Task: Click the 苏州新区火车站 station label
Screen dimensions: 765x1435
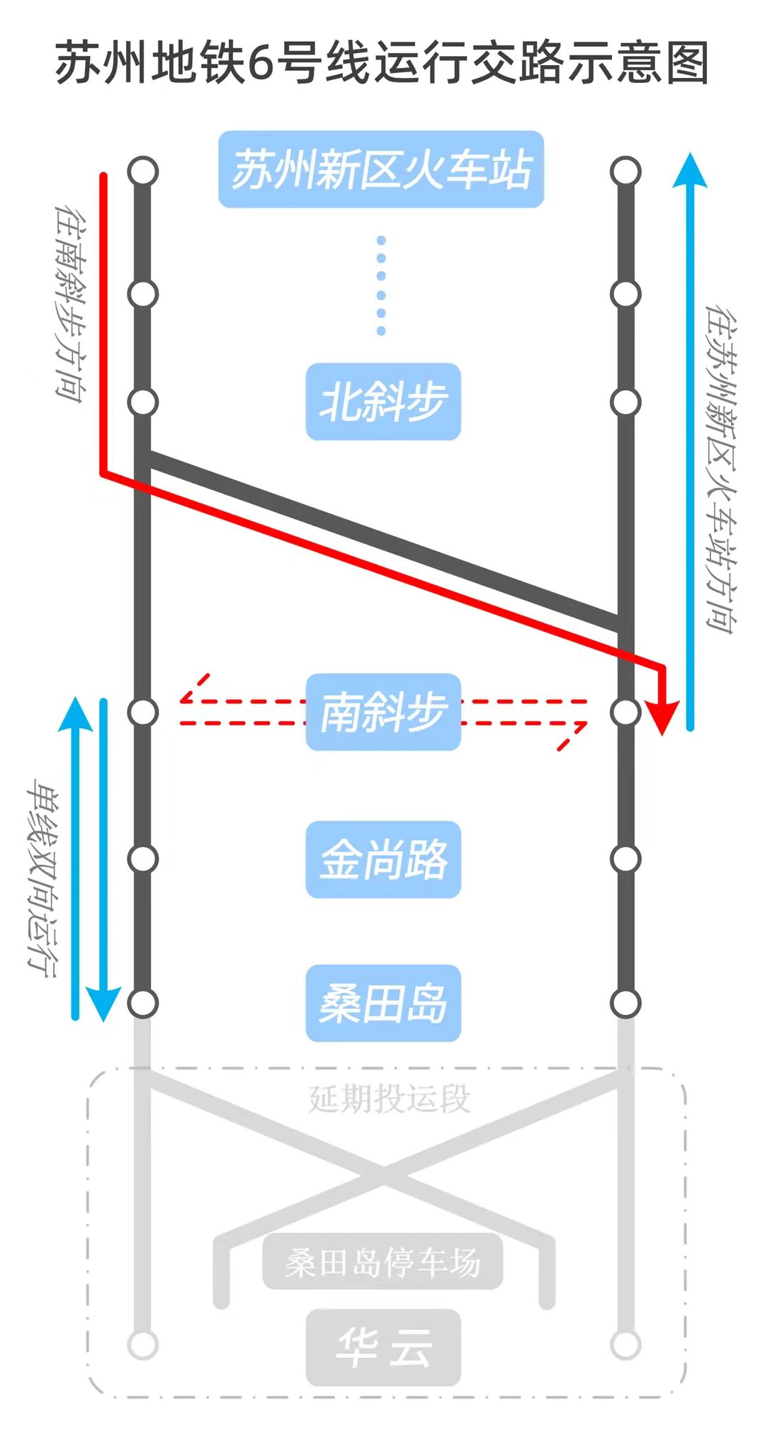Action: click(x=381, y=169)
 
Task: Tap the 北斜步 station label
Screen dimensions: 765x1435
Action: click(x=383, y=402)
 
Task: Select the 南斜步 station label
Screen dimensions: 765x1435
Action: click(x=383, y=712)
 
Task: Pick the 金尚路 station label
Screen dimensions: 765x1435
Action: click(x=383, y=859)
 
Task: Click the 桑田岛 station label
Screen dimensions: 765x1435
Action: click(x=383, y=1003)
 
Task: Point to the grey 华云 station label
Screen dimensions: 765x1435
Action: click(x=383, y=1347)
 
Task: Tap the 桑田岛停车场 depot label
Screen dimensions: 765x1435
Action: click(x=382, y=1262)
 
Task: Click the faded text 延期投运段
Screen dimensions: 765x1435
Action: click(x=389, y=1099)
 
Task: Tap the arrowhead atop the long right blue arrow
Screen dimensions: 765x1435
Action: click(x=690, y=170)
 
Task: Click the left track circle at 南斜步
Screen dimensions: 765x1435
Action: click(x=143, y=712)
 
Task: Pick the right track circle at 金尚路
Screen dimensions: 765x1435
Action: click(x=626, y=859)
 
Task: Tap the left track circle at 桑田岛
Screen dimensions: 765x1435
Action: click(x=143, y=1003)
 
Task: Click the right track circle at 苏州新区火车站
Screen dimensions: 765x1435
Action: click(x=626, y=171)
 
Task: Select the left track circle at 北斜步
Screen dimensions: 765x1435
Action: click(x=143, y=402)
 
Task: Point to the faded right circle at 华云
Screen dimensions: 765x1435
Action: click(x=626, y=1345)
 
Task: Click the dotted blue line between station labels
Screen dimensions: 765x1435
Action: click(x=381, y=286)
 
